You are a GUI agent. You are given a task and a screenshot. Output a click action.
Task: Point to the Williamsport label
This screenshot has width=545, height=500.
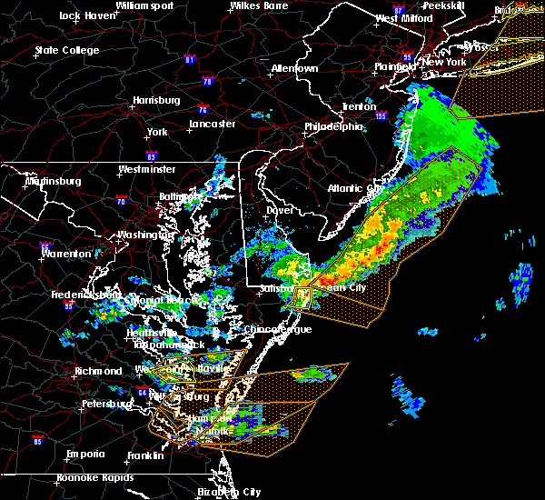[x=144, y=5]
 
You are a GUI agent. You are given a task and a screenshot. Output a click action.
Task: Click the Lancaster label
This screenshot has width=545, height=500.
[x=213, y=124]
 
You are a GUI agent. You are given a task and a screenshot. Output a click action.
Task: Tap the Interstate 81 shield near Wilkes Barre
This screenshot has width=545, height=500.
[x=189, y=60]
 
